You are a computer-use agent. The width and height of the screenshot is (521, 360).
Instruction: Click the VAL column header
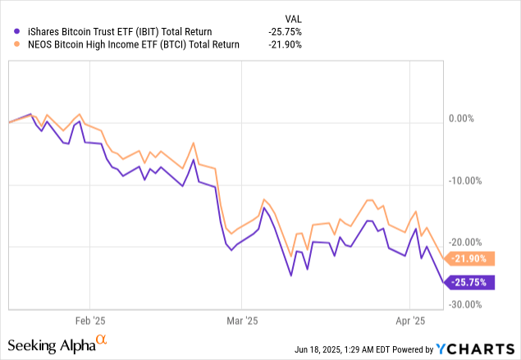[x=290, y=15]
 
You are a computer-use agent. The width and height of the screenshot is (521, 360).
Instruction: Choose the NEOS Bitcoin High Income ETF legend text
[x=121, y=44]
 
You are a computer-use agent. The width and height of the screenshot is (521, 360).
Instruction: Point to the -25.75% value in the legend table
[x=285, y=30]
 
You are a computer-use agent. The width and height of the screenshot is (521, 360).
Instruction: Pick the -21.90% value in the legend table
[x=285, y=44]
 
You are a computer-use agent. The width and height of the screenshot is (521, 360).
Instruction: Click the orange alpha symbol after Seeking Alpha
[x=102, y=340]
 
